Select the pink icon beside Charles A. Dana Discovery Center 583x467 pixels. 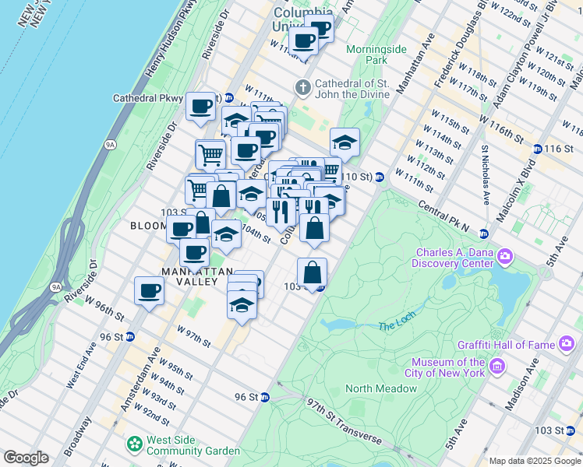coord(506,256)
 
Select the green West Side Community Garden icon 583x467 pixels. coord(133,444)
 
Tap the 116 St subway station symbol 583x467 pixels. coord(537,149)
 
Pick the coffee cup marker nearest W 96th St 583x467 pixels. coord(149,292)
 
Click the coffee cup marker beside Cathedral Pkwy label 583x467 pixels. coord(200,107)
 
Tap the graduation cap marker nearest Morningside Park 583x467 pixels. coord(344,142)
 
